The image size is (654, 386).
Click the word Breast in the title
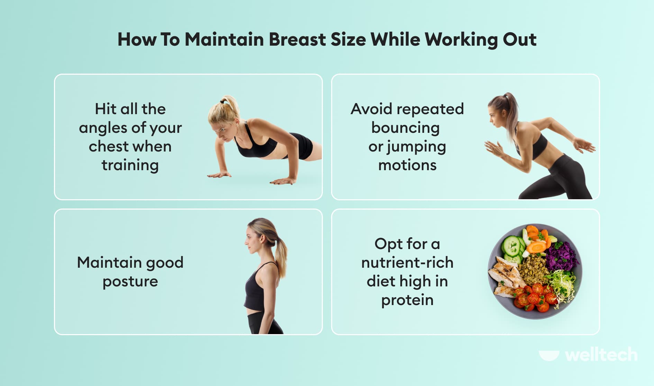297,39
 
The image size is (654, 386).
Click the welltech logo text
601,355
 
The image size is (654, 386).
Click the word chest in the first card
104,146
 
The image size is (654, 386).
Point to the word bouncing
405,128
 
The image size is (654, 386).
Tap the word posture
130,282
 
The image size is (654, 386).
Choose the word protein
407,300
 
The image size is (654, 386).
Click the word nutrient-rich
407,263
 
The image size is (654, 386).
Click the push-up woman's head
223,119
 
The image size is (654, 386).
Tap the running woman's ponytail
511,111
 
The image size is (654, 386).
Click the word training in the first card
130,166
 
